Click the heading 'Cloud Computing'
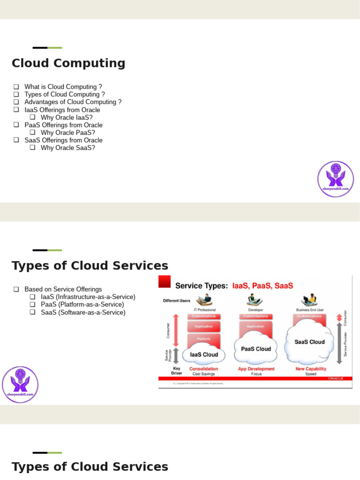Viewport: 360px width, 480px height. coord(68,63)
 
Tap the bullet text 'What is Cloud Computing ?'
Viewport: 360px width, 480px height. coord(63,87)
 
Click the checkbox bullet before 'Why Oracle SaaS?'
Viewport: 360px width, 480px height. coord(32,148)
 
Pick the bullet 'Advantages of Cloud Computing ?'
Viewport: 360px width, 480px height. coord(73,102)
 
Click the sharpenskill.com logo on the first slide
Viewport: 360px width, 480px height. coord(336,179)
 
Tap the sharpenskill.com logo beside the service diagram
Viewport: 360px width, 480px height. coord(20,384)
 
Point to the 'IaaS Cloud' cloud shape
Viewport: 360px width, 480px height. coord(204,354)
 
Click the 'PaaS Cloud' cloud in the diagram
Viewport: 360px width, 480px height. coord(256,349)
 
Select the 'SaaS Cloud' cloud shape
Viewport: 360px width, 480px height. coord(309,342)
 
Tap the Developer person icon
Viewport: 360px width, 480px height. coord(255,300)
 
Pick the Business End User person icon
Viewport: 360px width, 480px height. coord(310,300)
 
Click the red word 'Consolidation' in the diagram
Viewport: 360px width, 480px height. coord(204,369)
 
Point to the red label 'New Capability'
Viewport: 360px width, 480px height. coord(311,369)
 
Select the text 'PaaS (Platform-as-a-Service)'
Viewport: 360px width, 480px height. coord(82,305)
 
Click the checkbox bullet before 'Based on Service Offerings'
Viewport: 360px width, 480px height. coord(16,289)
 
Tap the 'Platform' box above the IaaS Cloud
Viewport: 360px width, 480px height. coord(204,338)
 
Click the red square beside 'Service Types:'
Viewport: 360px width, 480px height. coord(165,282)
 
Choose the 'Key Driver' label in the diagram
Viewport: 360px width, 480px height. coord(176,371)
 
